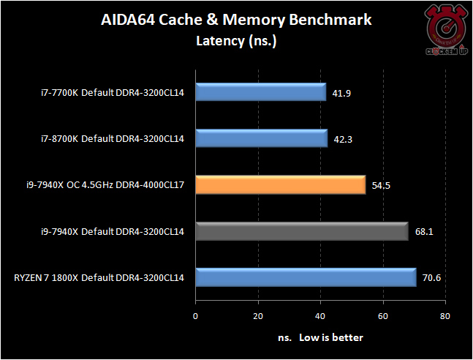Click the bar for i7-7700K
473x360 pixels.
click(x=260, y=92)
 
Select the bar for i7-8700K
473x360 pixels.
click(x=261, y=138)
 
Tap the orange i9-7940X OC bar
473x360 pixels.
click(x=280, y=185)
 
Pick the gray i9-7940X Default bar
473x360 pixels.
click(x=301, y=231)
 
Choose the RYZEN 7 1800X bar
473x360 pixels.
click(x=306, y=277)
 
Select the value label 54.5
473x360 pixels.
click(x=381, y=186)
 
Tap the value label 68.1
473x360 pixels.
click(x=423, y=233)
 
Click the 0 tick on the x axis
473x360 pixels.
click(x=195, y=317)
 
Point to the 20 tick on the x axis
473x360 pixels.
click(x=257, y=317)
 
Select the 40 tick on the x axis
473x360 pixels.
click(x=320, y=317)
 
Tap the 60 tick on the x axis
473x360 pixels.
click(x=382, y=317)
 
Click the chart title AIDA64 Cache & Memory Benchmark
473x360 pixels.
click(x=236, y=20)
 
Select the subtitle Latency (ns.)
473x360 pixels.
click(x=236, y=40)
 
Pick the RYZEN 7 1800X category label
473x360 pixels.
click(x=98, y=278)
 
